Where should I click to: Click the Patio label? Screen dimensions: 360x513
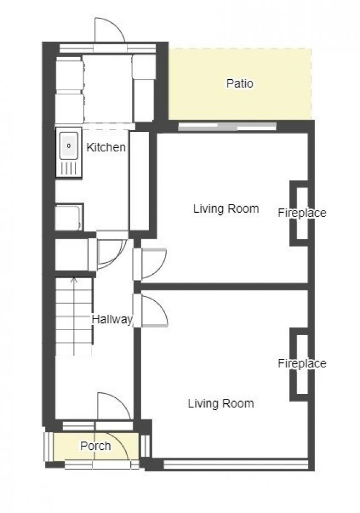coord(240,84)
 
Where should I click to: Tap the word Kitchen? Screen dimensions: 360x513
coord(106,147)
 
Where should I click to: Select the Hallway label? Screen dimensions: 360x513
coord(112,319)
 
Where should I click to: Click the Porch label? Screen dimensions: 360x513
coord(95,445)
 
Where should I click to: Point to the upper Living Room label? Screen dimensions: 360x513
coord(226,208)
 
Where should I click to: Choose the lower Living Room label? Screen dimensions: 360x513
coord(221,403)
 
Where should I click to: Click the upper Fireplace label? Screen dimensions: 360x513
coord(302,213)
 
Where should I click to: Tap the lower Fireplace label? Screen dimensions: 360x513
coord(302,363)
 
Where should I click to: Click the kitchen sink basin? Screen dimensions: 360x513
coord(69,146)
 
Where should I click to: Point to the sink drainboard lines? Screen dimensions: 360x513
coord(69,168)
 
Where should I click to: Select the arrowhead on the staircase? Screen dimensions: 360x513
coord(74,280)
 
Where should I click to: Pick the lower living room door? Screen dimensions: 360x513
coord(155,311)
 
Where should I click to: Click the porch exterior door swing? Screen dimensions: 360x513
coord(119,447)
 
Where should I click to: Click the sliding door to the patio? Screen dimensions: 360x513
coord(227,126)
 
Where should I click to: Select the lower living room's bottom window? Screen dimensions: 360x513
coord(235,464)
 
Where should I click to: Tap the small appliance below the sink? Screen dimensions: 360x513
coord(69,217)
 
